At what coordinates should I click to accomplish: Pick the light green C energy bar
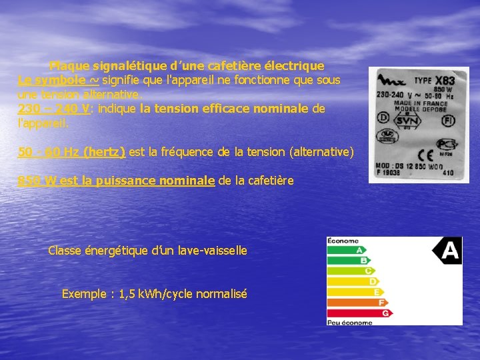(x=347, y=271)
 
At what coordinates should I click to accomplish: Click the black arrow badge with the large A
(x=447, y=251)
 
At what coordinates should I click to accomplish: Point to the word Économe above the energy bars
(x=343, y=241)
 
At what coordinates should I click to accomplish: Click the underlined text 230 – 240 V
(x=55, y=108)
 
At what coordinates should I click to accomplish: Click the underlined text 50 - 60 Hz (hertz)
(x=72, y=152)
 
